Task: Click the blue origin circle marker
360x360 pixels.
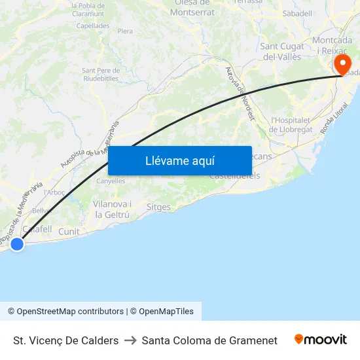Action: pyautogui.click(x=17, y=244)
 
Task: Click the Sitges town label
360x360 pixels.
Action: pyautogui.click(x=158, y=207)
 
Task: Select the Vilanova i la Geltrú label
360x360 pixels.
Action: pyautogui.click(x=112, y=209)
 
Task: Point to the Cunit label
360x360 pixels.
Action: pyautogui.click(x=69, y=232)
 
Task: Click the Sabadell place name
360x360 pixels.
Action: pyautogui.click(x=297, y=13)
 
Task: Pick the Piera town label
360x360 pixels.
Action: pyautogui.click(x=125, y=31)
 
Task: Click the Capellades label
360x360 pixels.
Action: pyautogui.click(x=93, y=26)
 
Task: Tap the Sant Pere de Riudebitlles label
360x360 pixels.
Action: pyautogui.click(x=100, y=75)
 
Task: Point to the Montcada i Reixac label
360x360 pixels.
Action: pyautogui.click(x=332, y=45)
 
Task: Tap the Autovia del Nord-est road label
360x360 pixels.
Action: pyautogui.click(x=240, y=94)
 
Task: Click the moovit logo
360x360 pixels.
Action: pyautogui.click(x=321, y=340)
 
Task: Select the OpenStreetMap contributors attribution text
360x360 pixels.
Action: pyautogui.click(x=66, y=312)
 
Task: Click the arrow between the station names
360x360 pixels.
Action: pyautogui.click(x=130, y=340)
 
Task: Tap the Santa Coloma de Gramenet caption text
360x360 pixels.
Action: pyautogui.click(x=209, y=340)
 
